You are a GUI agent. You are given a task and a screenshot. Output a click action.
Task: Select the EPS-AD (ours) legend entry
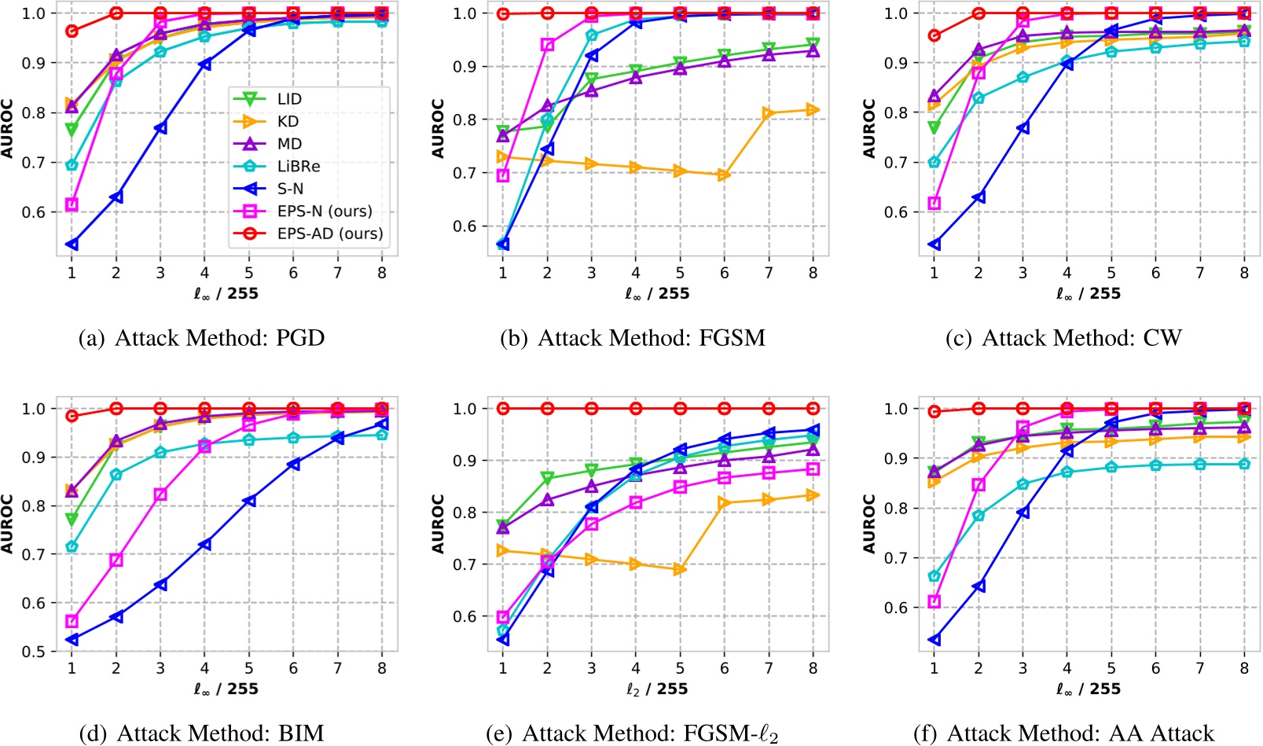pos(329,233)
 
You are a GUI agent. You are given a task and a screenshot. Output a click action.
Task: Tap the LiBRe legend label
pos(298,166)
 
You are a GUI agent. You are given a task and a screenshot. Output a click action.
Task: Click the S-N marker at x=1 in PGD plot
pos(72,244)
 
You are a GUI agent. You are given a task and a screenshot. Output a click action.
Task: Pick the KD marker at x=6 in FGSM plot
pos(724,175)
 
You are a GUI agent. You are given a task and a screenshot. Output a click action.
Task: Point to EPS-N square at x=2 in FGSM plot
pos(547,45)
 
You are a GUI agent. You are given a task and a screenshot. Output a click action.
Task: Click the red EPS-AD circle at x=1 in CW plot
pos(934,35)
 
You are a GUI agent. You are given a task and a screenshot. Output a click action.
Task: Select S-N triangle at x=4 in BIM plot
pos(204,544)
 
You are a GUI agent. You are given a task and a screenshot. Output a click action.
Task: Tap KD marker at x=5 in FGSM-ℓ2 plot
pos(680,569)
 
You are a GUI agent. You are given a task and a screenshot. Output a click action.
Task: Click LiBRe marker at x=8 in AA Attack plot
pos(1244,464)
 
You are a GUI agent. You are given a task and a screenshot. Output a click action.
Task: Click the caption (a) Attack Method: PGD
pos(202,338)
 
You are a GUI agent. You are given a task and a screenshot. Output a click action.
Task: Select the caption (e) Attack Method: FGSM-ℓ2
pos(632,733)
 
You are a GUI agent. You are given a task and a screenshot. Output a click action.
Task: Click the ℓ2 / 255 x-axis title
pos(657,689)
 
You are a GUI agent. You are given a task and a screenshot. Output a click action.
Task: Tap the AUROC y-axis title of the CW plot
pos(869,128)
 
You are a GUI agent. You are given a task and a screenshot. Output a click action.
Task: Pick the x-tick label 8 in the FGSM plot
pos(813,273)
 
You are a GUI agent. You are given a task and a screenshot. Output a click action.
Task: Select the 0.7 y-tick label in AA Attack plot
pos(898,558)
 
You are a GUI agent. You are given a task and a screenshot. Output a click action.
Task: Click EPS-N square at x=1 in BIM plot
pos(72,622)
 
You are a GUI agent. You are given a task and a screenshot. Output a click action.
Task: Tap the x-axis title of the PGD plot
pos(226,293)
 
